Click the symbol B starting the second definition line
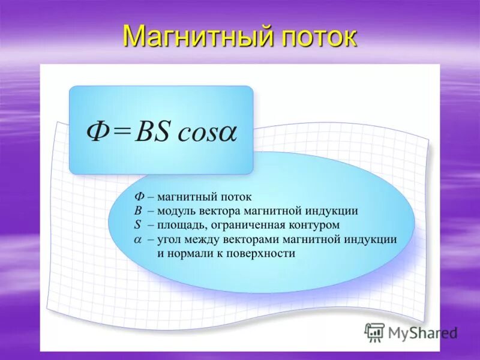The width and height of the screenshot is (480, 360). point(137,211)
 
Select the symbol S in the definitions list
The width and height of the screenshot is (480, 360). point(137,225)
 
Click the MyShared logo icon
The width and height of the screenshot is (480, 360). point(374,332)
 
